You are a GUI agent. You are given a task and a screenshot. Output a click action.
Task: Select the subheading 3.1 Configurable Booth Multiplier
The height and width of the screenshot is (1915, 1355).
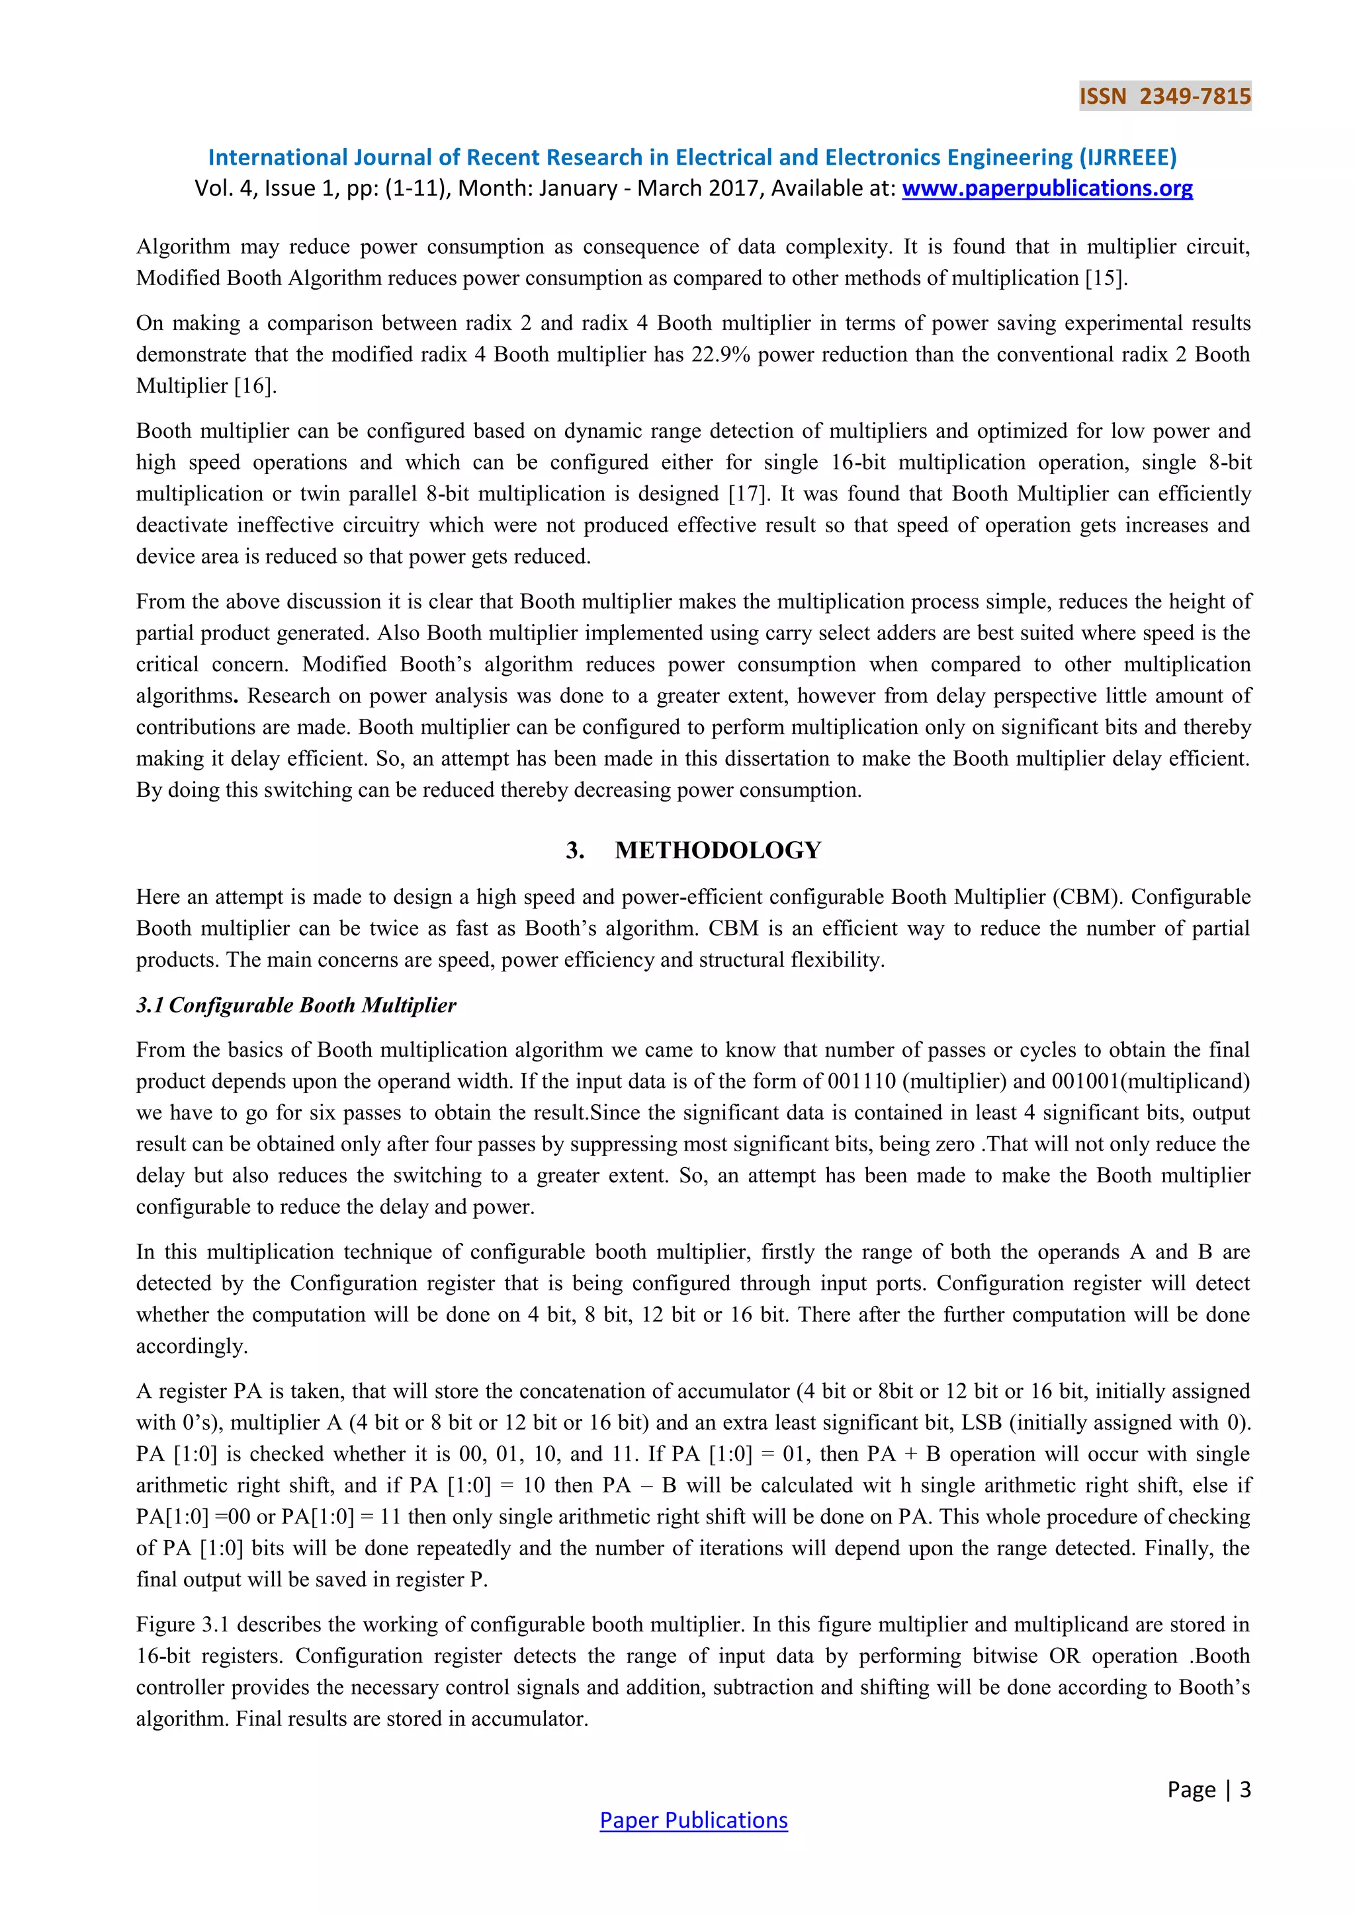(x=296, y=1005)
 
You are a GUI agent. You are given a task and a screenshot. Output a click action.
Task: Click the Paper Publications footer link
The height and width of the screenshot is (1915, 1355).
(x=693, y=1820)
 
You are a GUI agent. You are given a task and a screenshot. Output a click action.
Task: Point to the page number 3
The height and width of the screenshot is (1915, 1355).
(x=1245, y=1789)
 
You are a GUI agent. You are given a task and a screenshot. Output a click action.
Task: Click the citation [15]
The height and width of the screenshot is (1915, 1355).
(x=1106, y=278)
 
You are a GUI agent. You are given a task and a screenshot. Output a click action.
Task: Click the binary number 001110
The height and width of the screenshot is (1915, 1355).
(x=861, y=1082)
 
